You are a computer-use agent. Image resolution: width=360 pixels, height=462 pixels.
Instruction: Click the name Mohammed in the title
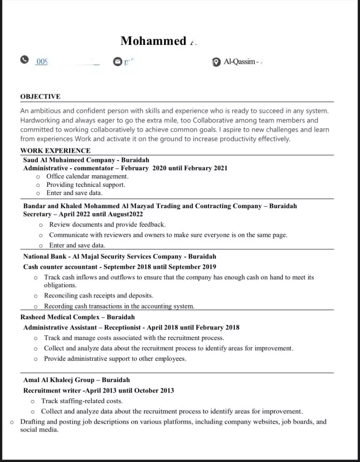[x=153, y=41]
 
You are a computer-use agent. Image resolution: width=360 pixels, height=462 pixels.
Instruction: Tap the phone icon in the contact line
[x=24, y=61]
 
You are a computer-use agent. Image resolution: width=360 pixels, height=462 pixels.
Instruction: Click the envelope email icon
[x=117, y=62]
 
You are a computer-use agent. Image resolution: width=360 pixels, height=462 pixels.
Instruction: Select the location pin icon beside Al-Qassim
[x=216, y=62]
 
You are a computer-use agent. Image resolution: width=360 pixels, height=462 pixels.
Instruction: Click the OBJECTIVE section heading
[x=40, y=97]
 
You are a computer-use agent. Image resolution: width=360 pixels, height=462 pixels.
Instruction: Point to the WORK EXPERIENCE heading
[x=55, y=151]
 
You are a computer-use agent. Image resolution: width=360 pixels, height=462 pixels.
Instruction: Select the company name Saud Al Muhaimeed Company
[x=69, y=160]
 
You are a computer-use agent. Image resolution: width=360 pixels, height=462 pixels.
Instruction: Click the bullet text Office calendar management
[x=87, y=176]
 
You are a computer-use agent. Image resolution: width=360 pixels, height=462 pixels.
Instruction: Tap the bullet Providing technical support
[x=85, y=185]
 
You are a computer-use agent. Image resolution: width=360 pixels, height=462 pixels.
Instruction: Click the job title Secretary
[x=37, y=214]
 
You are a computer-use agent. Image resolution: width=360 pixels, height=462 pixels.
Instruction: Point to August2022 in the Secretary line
[x=125, y=214]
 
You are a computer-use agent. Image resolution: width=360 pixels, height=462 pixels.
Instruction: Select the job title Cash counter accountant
[x=61, y=267]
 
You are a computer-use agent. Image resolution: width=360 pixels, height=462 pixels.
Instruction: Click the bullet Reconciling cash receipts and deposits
[x=98, y=296]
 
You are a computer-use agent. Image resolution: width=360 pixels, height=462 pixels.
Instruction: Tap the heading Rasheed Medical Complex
[x=60, y=317]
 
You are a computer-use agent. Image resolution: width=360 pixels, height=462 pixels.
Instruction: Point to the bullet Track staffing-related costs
[x=82, y=401]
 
